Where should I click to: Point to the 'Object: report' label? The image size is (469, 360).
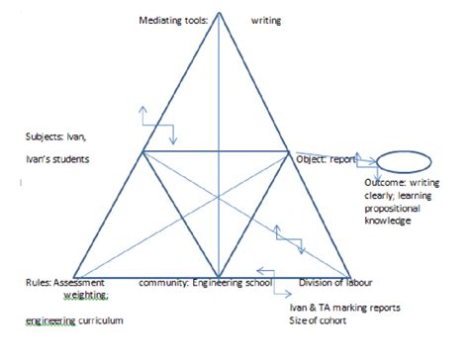pos(326,157)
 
